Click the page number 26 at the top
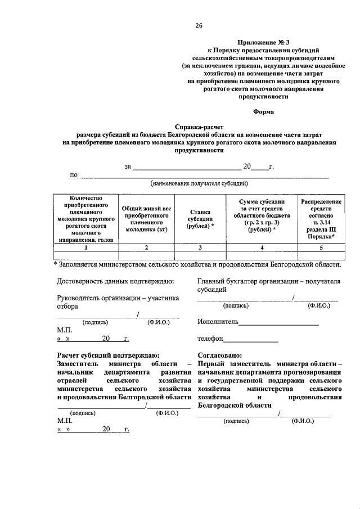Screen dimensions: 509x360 [x=199, y=25]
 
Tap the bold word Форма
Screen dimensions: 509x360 [x=263, y=112]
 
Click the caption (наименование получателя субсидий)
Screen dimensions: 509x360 [x=199, y=184]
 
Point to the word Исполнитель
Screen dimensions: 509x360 [x=218, y=322]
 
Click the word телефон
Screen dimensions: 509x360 [x=210, y=339]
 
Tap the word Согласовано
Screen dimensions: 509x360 [x=220, y=355]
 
